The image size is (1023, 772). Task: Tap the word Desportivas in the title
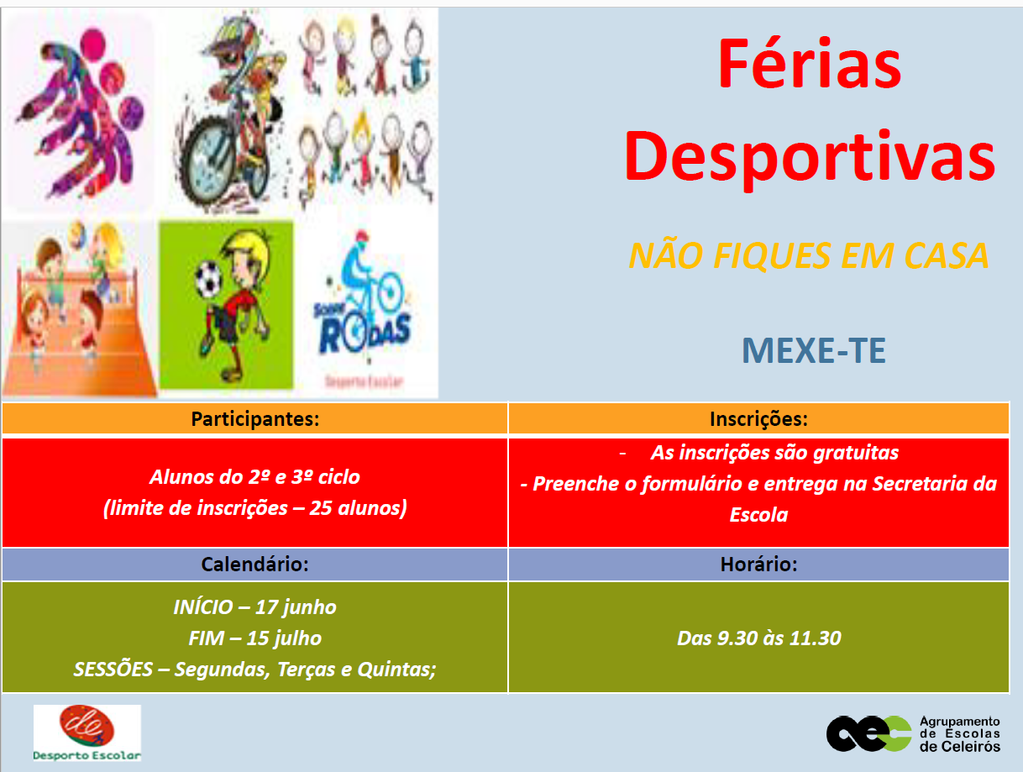[x=810, y=158]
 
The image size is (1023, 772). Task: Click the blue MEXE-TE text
[x=814, y=350]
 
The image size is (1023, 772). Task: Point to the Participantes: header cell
[x=255, y=418]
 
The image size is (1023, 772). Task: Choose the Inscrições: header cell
[x=758, y=418]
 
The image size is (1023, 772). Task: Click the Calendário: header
[x=255, y=564]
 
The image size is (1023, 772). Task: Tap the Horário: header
[x=758, y=564]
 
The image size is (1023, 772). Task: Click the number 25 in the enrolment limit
[x=321, y=507]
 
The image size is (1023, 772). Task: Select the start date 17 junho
[x=296, y=607]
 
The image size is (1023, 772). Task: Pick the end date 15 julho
[x=284, y=638]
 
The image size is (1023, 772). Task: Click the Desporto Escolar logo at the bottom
[x=87, y=733]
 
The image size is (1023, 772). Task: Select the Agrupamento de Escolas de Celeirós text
[x=960, y=734]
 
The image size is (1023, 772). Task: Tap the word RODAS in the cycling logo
[x=365, y=333]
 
